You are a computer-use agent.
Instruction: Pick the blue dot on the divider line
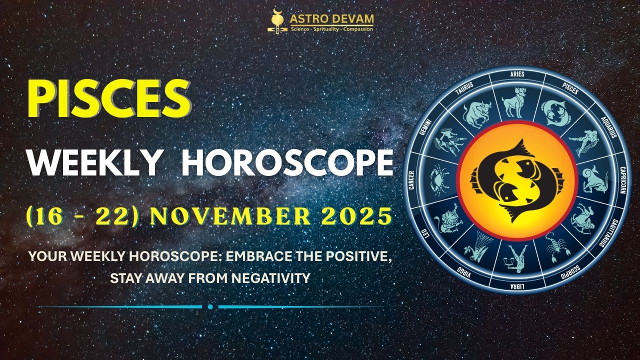[x=210, y=306]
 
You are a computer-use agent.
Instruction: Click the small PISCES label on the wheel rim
[x=570, y=88]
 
